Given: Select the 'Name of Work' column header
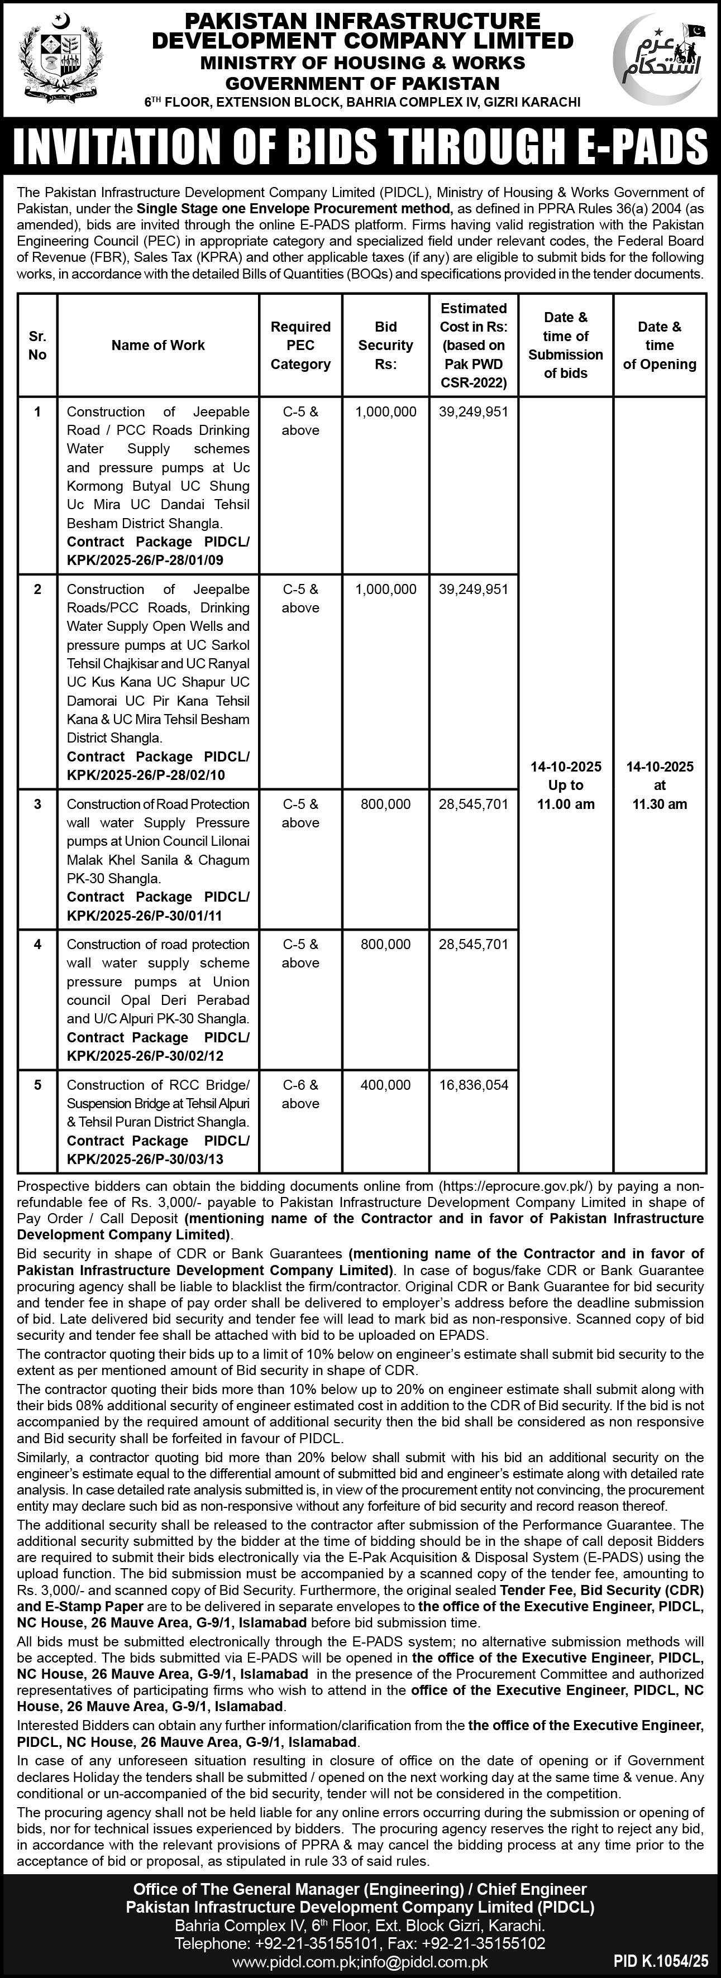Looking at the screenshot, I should click(158, 346).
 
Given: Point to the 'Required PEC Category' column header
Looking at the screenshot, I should click(300, 346).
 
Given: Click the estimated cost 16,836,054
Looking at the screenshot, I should click(474, 1085).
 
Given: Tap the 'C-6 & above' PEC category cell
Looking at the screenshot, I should click(300, 1094).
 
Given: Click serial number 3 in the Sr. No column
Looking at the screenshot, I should click(37, 804).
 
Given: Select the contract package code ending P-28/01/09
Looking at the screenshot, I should click(158, 552).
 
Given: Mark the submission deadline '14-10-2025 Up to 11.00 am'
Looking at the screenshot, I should click(566, 786).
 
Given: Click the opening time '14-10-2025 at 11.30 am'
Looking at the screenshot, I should click(660, 786).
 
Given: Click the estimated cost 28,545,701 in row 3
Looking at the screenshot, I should click(474, 804).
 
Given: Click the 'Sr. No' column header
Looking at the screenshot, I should click(37, 346).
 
